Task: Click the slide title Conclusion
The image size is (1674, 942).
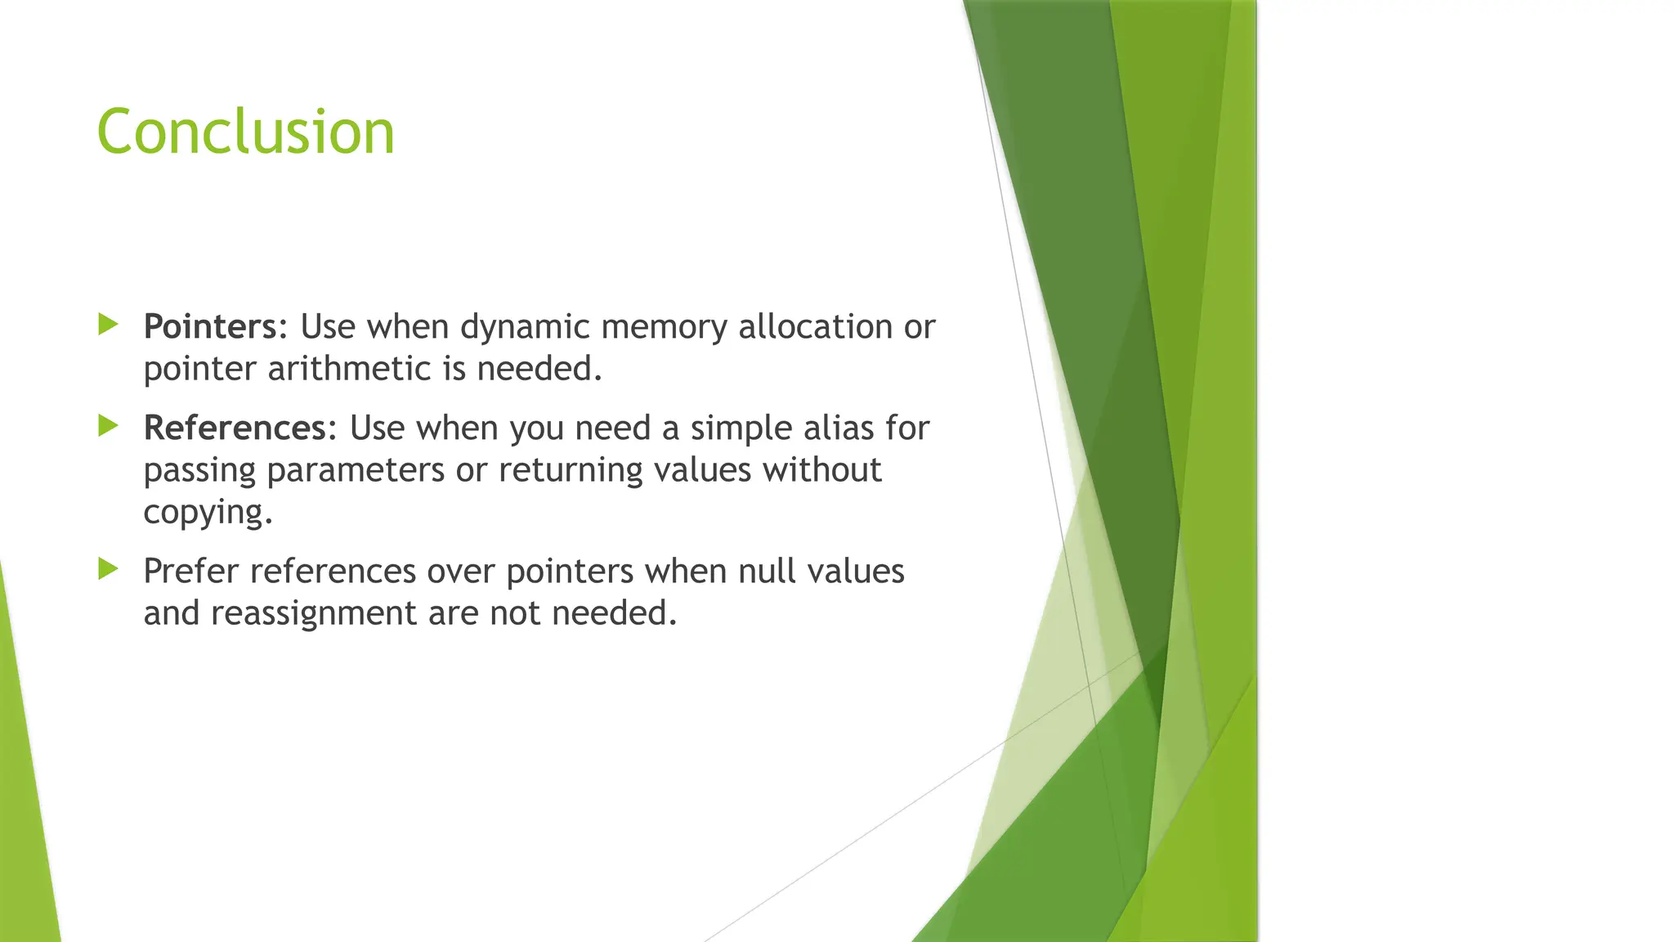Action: click(x=245, y=132)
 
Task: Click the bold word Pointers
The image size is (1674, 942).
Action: click(x=210, y=326)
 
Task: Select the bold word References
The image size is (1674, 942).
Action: click(x=235, y=428)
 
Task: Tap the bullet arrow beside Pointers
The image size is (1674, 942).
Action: click(x=108, y=325)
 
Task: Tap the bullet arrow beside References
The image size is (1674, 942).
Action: click(x=108, y=426)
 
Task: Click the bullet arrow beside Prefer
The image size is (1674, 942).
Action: click(x=108, y=569)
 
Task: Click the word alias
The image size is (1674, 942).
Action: click(x=833, y=428)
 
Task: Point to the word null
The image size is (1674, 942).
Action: click(x=767, y=571)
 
